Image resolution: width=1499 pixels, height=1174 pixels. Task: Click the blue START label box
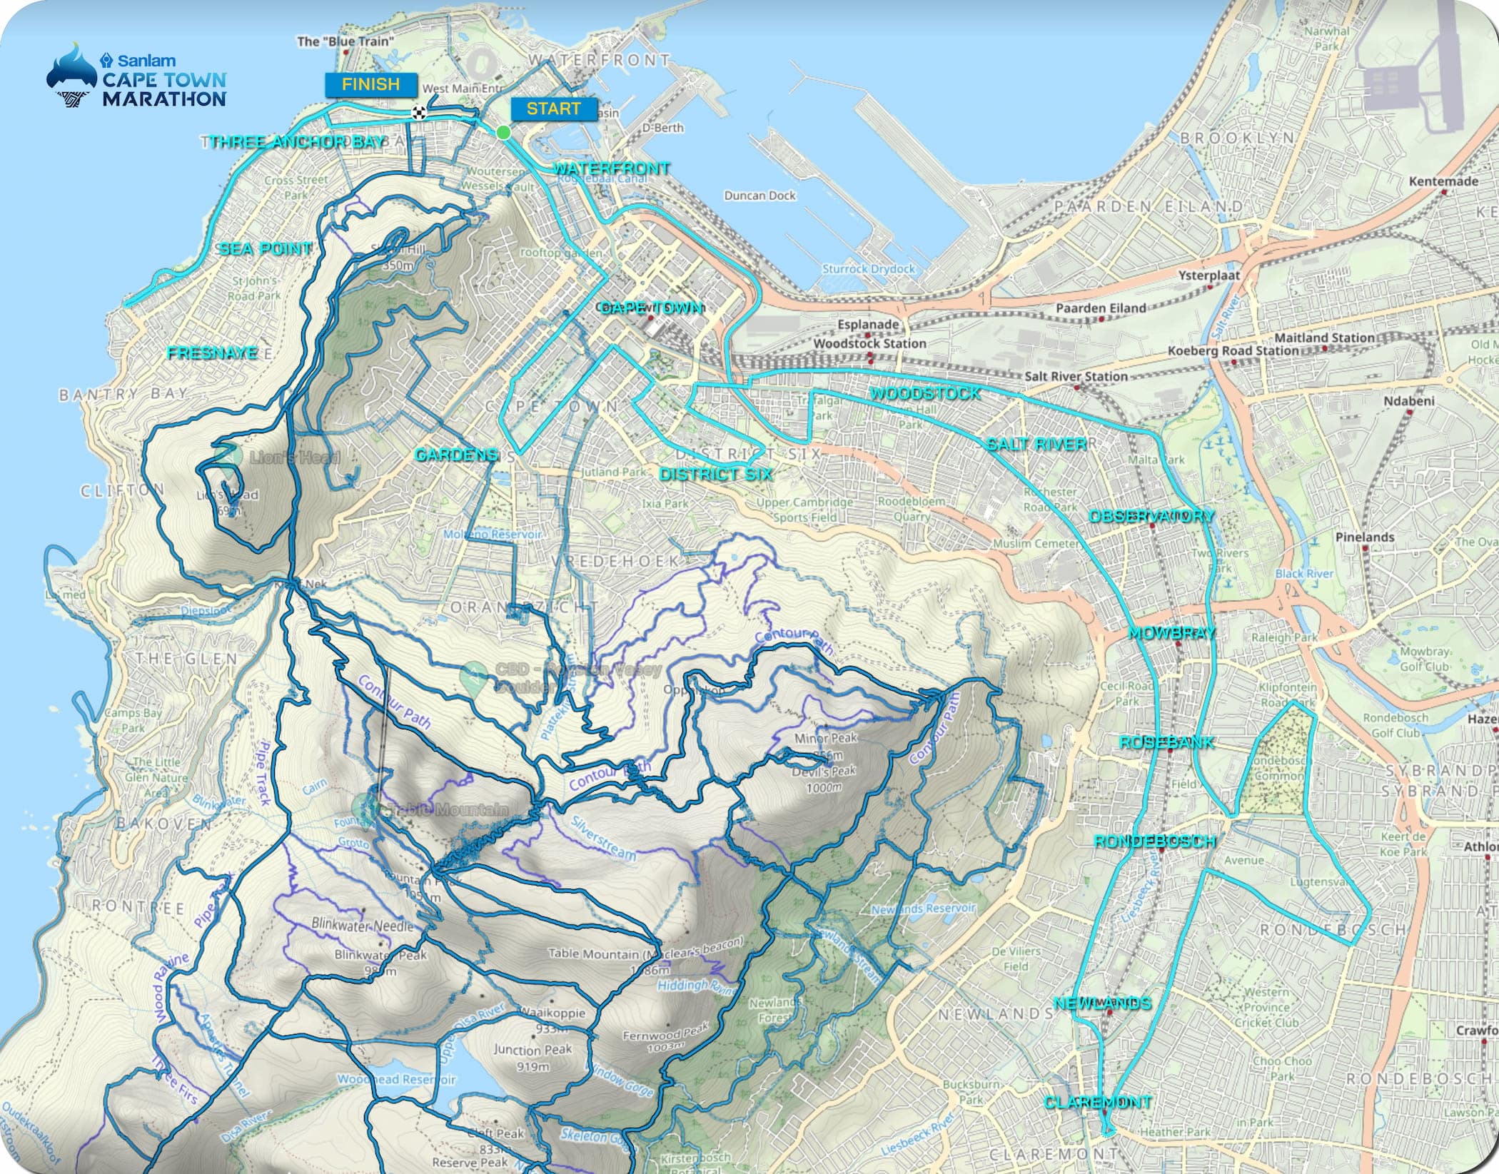pos(554,109)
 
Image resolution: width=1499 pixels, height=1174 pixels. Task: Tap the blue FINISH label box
pos(371,84)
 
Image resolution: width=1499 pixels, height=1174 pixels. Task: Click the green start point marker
pos(503,132)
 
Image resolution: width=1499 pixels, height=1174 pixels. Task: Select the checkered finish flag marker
pos(419,112)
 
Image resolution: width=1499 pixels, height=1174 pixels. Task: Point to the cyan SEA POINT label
pos(266,248)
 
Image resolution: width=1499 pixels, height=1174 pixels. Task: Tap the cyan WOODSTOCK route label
pos(925,393)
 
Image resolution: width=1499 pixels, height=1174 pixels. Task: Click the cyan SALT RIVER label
pos(1037,444)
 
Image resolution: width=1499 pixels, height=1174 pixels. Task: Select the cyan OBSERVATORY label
pos(1151,516)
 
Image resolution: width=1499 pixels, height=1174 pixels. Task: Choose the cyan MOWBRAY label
pos(1171,633)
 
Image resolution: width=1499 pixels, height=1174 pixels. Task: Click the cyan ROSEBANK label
pos(1166,742)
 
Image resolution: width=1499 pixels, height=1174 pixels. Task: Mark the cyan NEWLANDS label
pos(1103,1003)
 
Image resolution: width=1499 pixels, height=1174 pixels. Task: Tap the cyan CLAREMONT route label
pos(1098,1102)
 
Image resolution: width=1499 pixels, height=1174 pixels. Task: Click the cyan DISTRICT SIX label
pos(716,474)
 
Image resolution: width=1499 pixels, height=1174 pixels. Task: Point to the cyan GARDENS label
pos(456,455)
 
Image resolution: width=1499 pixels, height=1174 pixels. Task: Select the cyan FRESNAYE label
pos(212,353)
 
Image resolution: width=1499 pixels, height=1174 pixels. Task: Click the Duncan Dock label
pos(759,196)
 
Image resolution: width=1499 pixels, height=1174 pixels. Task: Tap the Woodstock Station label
pos(869,343)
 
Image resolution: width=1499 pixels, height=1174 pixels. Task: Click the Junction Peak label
pos(533,1050)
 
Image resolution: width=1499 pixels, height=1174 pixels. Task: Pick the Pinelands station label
pos(1365,537)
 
